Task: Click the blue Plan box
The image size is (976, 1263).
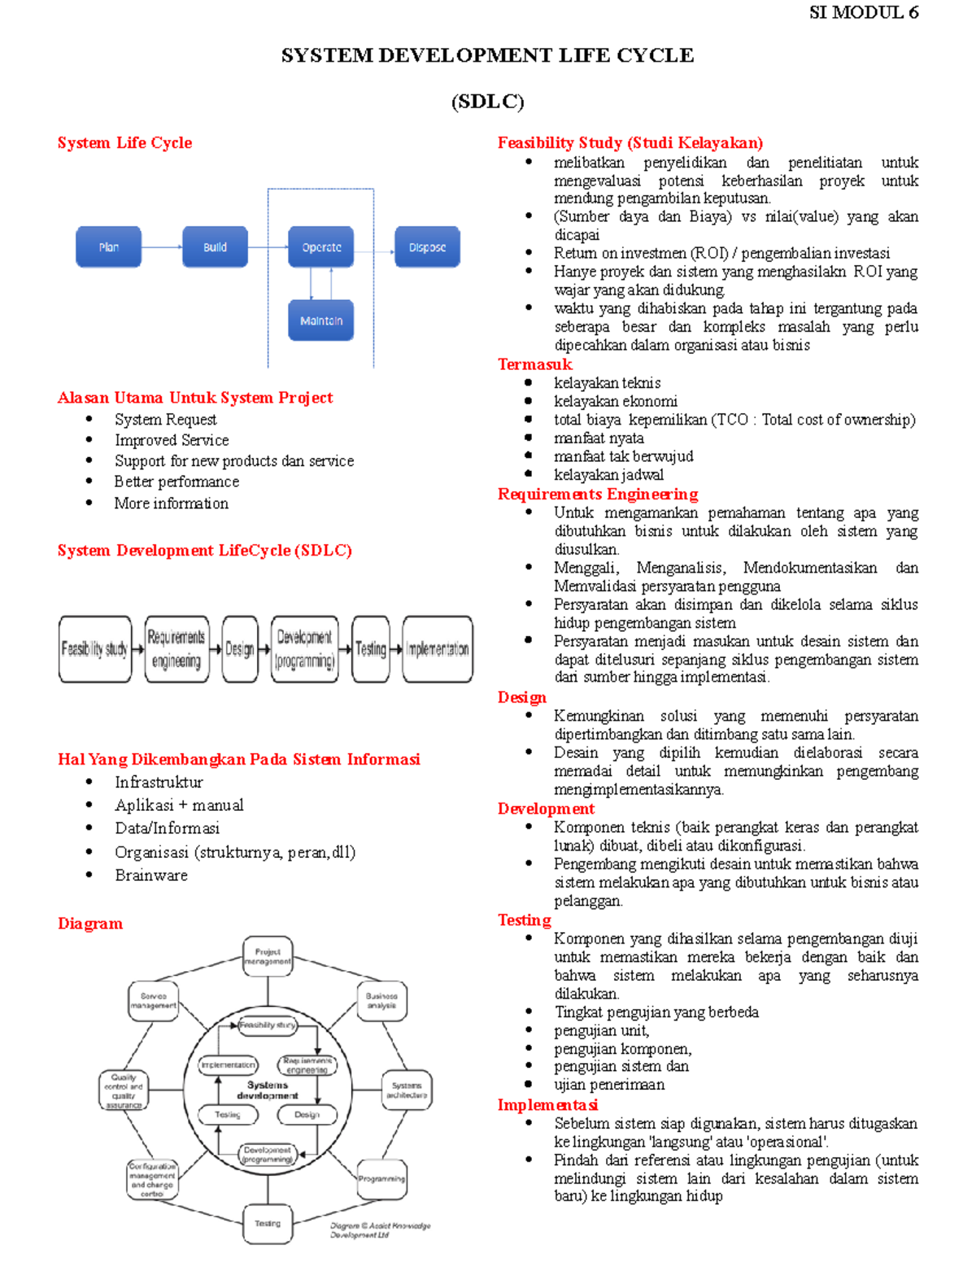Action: coord(108,247)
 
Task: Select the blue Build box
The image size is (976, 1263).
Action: coord(215,247)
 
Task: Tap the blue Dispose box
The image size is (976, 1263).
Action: coord(427,247)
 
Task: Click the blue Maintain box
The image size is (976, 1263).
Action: coord(321,320)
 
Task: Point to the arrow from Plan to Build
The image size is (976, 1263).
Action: coord(161,247)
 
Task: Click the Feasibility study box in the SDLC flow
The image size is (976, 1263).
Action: coord(94,649)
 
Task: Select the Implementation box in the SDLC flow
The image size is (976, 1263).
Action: coord(438,649)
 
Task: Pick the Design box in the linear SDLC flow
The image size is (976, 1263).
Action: coord(240,649)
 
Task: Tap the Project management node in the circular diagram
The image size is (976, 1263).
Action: coord(268,956)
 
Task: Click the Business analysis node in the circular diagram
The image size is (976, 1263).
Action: coord(381,1001)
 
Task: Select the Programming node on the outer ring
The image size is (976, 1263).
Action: coord(381,1178)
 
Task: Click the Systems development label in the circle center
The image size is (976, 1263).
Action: coord(268,1090)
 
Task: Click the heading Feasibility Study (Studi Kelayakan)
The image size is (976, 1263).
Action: coord(630,143)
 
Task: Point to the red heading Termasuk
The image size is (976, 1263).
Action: coord(534,364)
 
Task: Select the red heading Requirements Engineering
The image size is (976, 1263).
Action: coord(598,494)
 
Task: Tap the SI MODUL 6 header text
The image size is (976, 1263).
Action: coord(864,12)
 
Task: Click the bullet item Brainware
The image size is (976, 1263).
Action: coord(151,875)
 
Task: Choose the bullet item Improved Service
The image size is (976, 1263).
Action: coord(172,440)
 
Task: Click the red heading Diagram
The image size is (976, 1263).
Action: coord(90,923)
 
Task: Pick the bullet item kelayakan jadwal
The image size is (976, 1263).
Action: coord(608,475)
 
